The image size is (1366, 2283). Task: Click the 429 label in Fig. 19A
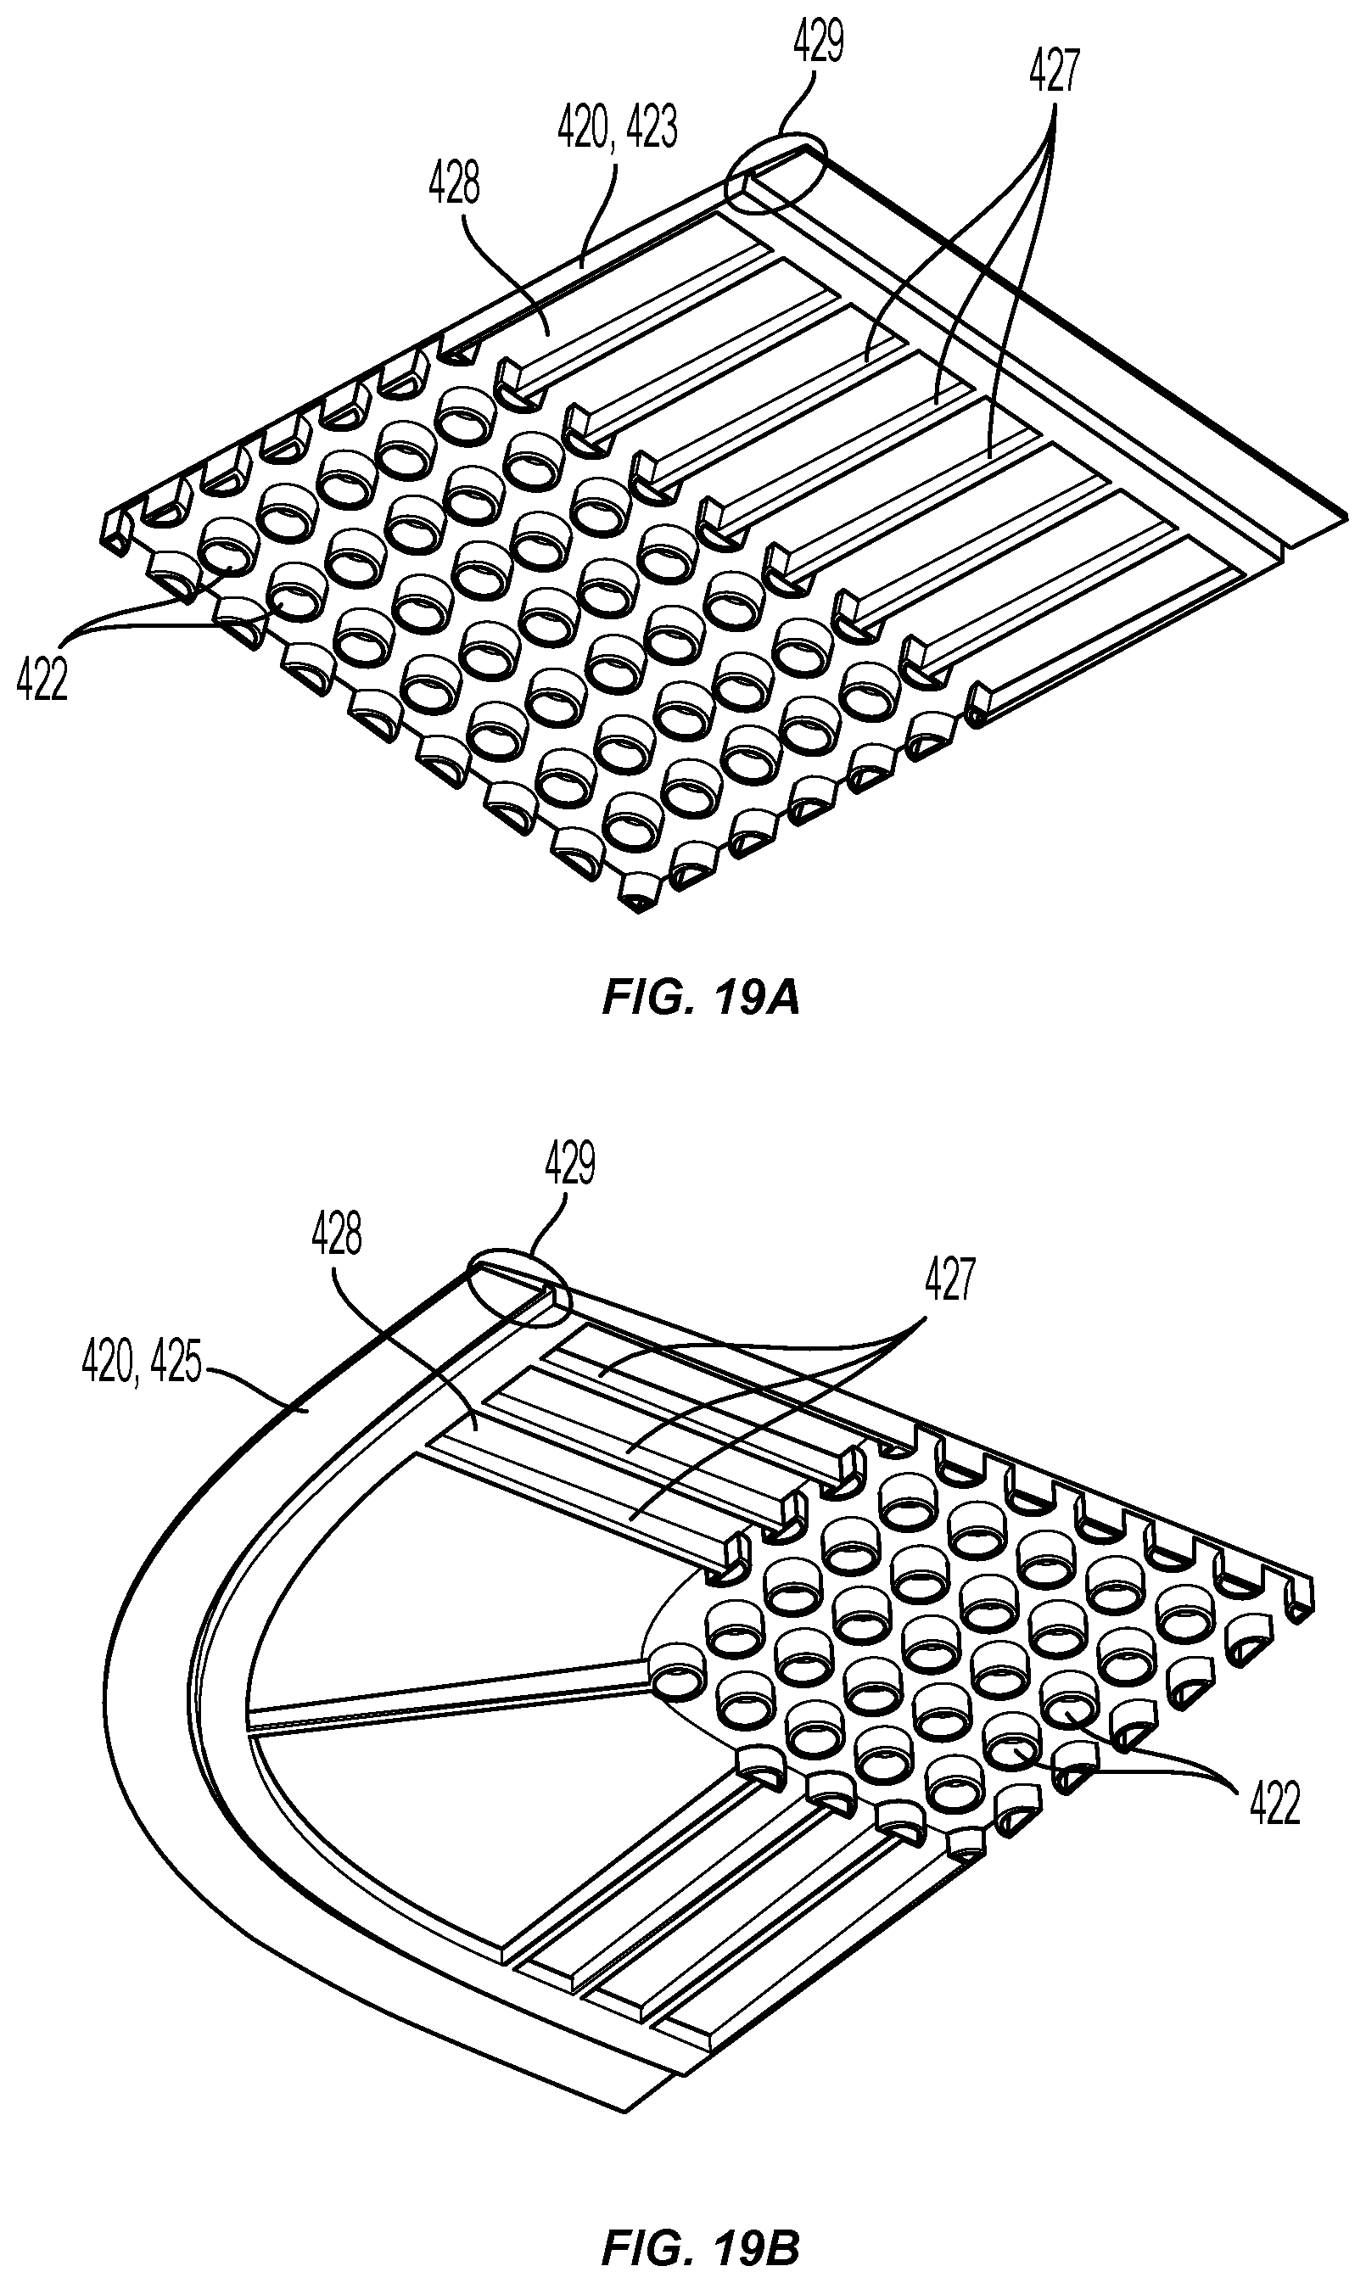[817, 45]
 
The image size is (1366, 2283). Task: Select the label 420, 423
[618, 128]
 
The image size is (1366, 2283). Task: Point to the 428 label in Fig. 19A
[454, 186]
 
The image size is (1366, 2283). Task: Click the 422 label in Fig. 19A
[42, 682]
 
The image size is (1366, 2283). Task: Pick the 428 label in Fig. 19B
[336, 1234]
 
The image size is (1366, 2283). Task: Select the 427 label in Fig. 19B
[949, 1279]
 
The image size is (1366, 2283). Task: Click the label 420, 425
[142, 1362]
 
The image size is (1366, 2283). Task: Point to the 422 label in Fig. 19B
[1274, 1804]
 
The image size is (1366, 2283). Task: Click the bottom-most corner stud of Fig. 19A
[641, 892]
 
